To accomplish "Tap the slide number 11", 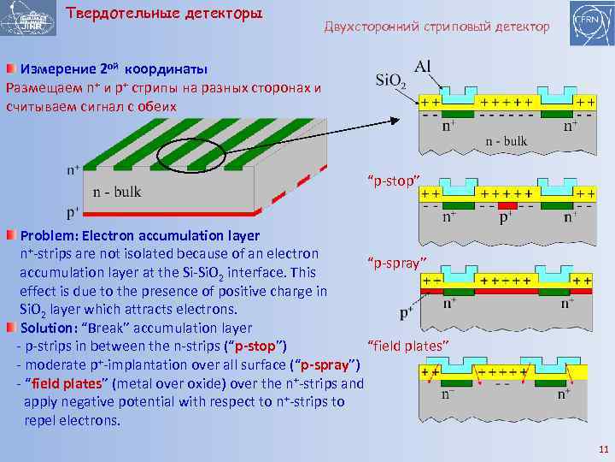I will (602, 449).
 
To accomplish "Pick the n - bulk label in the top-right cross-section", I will (507, 140).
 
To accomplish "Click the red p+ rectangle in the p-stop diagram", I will (507, 206).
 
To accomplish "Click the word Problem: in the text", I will (54, 234).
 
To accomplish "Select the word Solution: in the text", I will (53, 328).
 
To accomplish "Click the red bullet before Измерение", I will (11, 68).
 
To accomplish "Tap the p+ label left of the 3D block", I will (73, 209).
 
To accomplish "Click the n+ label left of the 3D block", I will (74, 169).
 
